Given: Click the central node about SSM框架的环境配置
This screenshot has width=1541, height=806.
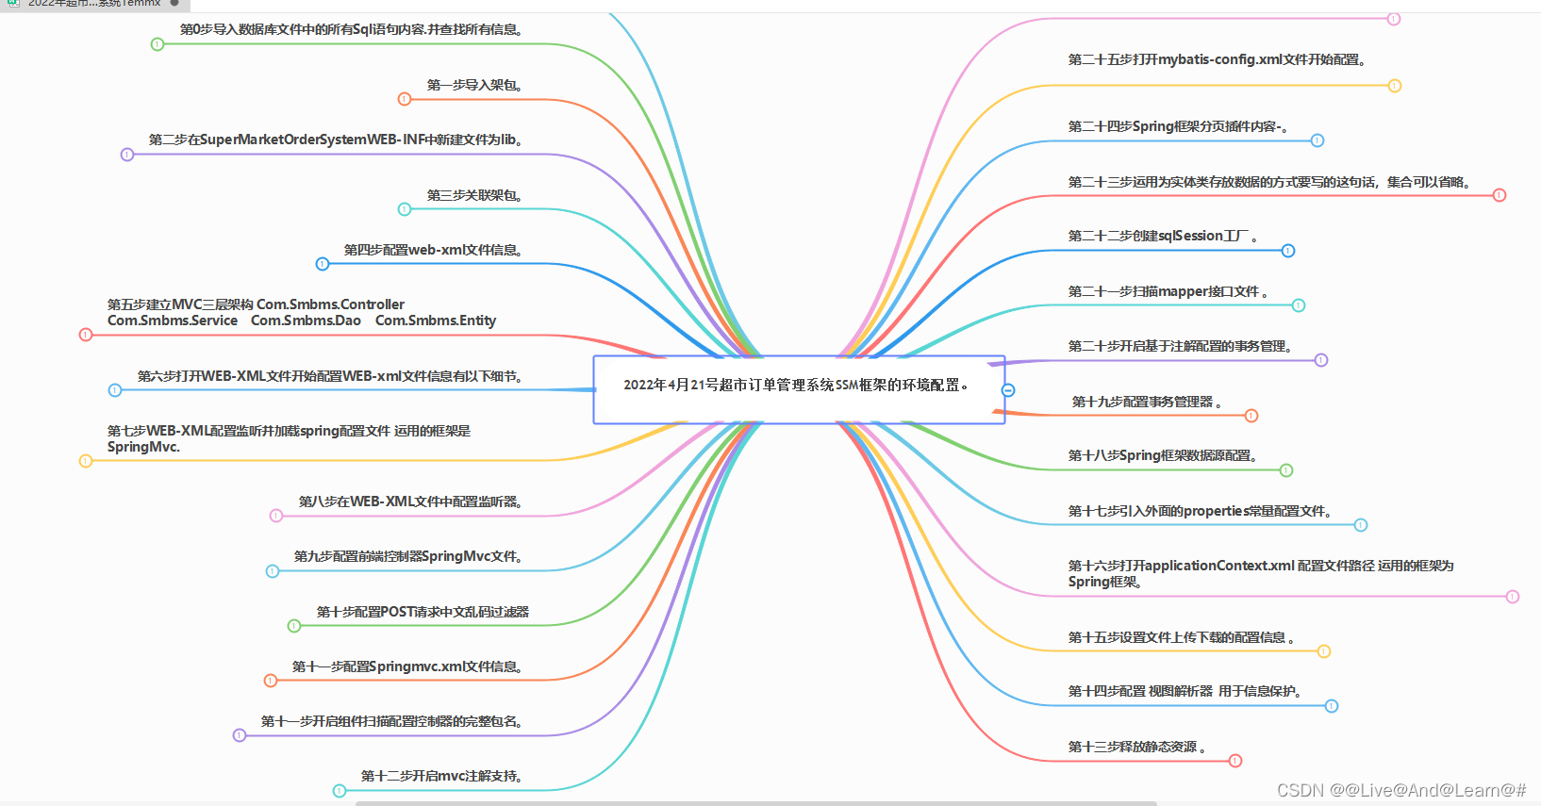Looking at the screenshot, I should pos(798,386).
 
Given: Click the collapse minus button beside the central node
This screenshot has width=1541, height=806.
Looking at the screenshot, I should pos(1008,390).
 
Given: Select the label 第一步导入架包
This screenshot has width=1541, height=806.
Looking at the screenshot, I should pos(474,86).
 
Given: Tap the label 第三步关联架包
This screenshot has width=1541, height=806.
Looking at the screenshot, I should pos(474,196).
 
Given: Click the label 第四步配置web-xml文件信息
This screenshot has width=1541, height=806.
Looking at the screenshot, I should pos(433,251).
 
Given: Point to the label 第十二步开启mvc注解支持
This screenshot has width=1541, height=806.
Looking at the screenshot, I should pos(441,777).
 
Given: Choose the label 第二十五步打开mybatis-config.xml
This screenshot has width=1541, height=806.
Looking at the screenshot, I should pos(1217,60).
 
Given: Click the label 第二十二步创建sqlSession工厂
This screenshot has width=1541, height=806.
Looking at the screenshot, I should pos(1162,237).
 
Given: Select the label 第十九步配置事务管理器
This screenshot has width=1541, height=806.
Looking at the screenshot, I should pos(1147,403).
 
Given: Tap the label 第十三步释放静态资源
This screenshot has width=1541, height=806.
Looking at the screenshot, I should pos(1136,748).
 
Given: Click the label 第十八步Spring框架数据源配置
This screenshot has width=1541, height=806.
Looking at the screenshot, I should pos(1163,456).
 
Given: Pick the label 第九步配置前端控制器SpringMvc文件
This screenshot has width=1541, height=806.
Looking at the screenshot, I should pos(408,557).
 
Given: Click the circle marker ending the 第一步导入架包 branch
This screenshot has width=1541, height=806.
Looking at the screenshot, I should pos(405,99).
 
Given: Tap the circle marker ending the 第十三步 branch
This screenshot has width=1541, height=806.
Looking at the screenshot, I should pos(1235,761).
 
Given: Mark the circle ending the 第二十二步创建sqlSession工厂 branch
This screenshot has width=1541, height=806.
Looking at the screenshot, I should pos(1288,251).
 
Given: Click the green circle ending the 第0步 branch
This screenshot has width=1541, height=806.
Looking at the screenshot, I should pos(157,44).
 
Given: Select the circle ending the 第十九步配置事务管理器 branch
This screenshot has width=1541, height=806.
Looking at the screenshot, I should pos(1251,416).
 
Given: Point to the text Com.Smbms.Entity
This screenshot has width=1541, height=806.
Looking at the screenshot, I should pos(436,321).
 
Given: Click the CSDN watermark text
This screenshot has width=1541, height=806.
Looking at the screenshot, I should pos(1401,791).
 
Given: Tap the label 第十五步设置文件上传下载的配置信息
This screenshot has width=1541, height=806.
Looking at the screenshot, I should pos(1181,638).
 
